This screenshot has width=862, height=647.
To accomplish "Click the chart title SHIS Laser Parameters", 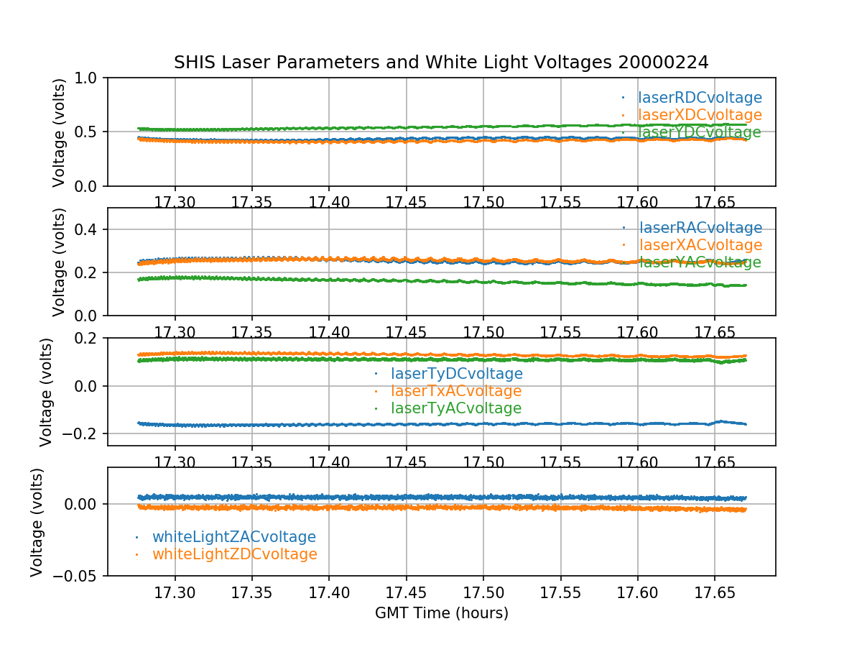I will pyautogui.click(x=441, y=63).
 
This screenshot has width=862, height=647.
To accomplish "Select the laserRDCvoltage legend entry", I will pyautogui.click(x=700, y=98).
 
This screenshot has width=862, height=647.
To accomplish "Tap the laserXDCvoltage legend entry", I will pyautogui.click(x=700, y=115).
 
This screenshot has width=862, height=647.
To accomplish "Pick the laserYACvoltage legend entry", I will pyautogui.click(x=700, y=262).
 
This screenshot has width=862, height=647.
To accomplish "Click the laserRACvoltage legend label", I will pyautogui.click(x=700, y=228).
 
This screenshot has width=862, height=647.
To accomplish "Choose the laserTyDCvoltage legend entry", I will pyautogui.click(x=456, y=374).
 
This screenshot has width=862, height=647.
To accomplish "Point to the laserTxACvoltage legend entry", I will pyautogui.click(x=455, y=391).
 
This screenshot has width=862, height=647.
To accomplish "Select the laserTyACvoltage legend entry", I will pyautogui.click(x=455, y=408).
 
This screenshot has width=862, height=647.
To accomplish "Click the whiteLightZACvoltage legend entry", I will pyautogui.click(x=233, y=537).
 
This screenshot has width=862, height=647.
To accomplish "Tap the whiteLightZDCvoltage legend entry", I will pyautogui.click(x=234, y=554).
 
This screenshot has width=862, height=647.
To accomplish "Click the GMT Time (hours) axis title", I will pyautogui.click(x=441, y=613).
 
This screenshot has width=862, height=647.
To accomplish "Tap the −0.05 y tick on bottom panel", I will pyautogui.click(x=74, y=576).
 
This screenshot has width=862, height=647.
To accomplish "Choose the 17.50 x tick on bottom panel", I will pyautogui.click(x=483, y=592).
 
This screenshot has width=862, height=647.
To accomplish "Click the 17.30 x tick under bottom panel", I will pyautogui.click(x=175, y=592).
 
